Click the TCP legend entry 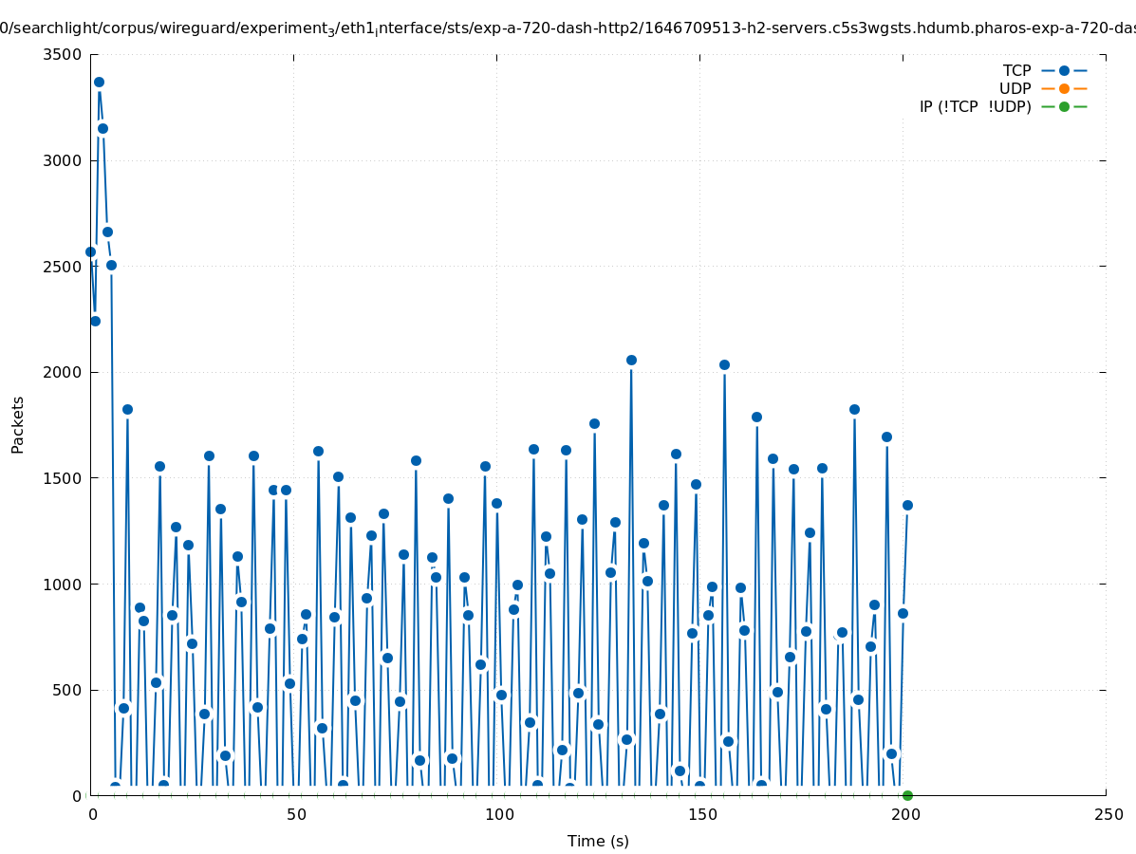(x=1016, y=70)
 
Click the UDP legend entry (x=1015, y=88)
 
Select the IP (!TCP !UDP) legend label (x=975, y=106)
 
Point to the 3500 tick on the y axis (x=63, y=54)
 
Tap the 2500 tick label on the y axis (x=63, y=266)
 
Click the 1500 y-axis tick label (x=63, y=478)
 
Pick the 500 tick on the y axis (x=67, y=690)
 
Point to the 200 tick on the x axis (x=903, y=814)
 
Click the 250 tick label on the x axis (x=1107, y=814)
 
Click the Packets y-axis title (x=18, y=424)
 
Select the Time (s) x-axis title (x=598, y=841)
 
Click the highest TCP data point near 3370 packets (x=99, y=83)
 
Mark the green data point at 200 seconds (x=907, y=795)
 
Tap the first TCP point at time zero (x=90, y=251)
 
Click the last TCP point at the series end (x=907, y=505)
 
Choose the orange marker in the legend (x=1064, y=88)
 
